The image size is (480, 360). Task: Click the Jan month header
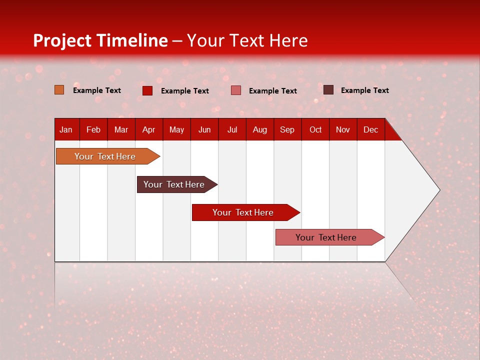point(66,129)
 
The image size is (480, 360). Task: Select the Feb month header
point(93,129)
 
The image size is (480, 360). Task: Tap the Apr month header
point(148,129)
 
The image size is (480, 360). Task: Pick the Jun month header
point(204,129)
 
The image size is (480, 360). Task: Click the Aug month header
point(260,129)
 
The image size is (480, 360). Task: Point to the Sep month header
point(287,129)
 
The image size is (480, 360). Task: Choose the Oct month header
point(315,129)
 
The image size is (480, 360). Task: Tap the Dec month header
point(371,129)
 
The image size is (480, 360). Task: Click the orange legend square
point(59,90)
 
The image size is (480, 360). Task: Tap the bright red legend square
point(147,90)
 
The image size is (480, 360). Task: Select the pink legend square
point(236,90)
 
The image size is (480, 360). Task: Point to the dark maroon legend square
point(328,90)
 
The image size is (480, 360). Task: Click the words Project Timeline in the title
point(100,40)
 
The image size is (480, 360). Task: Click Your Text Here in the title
point(247,40)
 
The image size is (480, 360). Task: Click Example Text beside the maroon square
point(364,90)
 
